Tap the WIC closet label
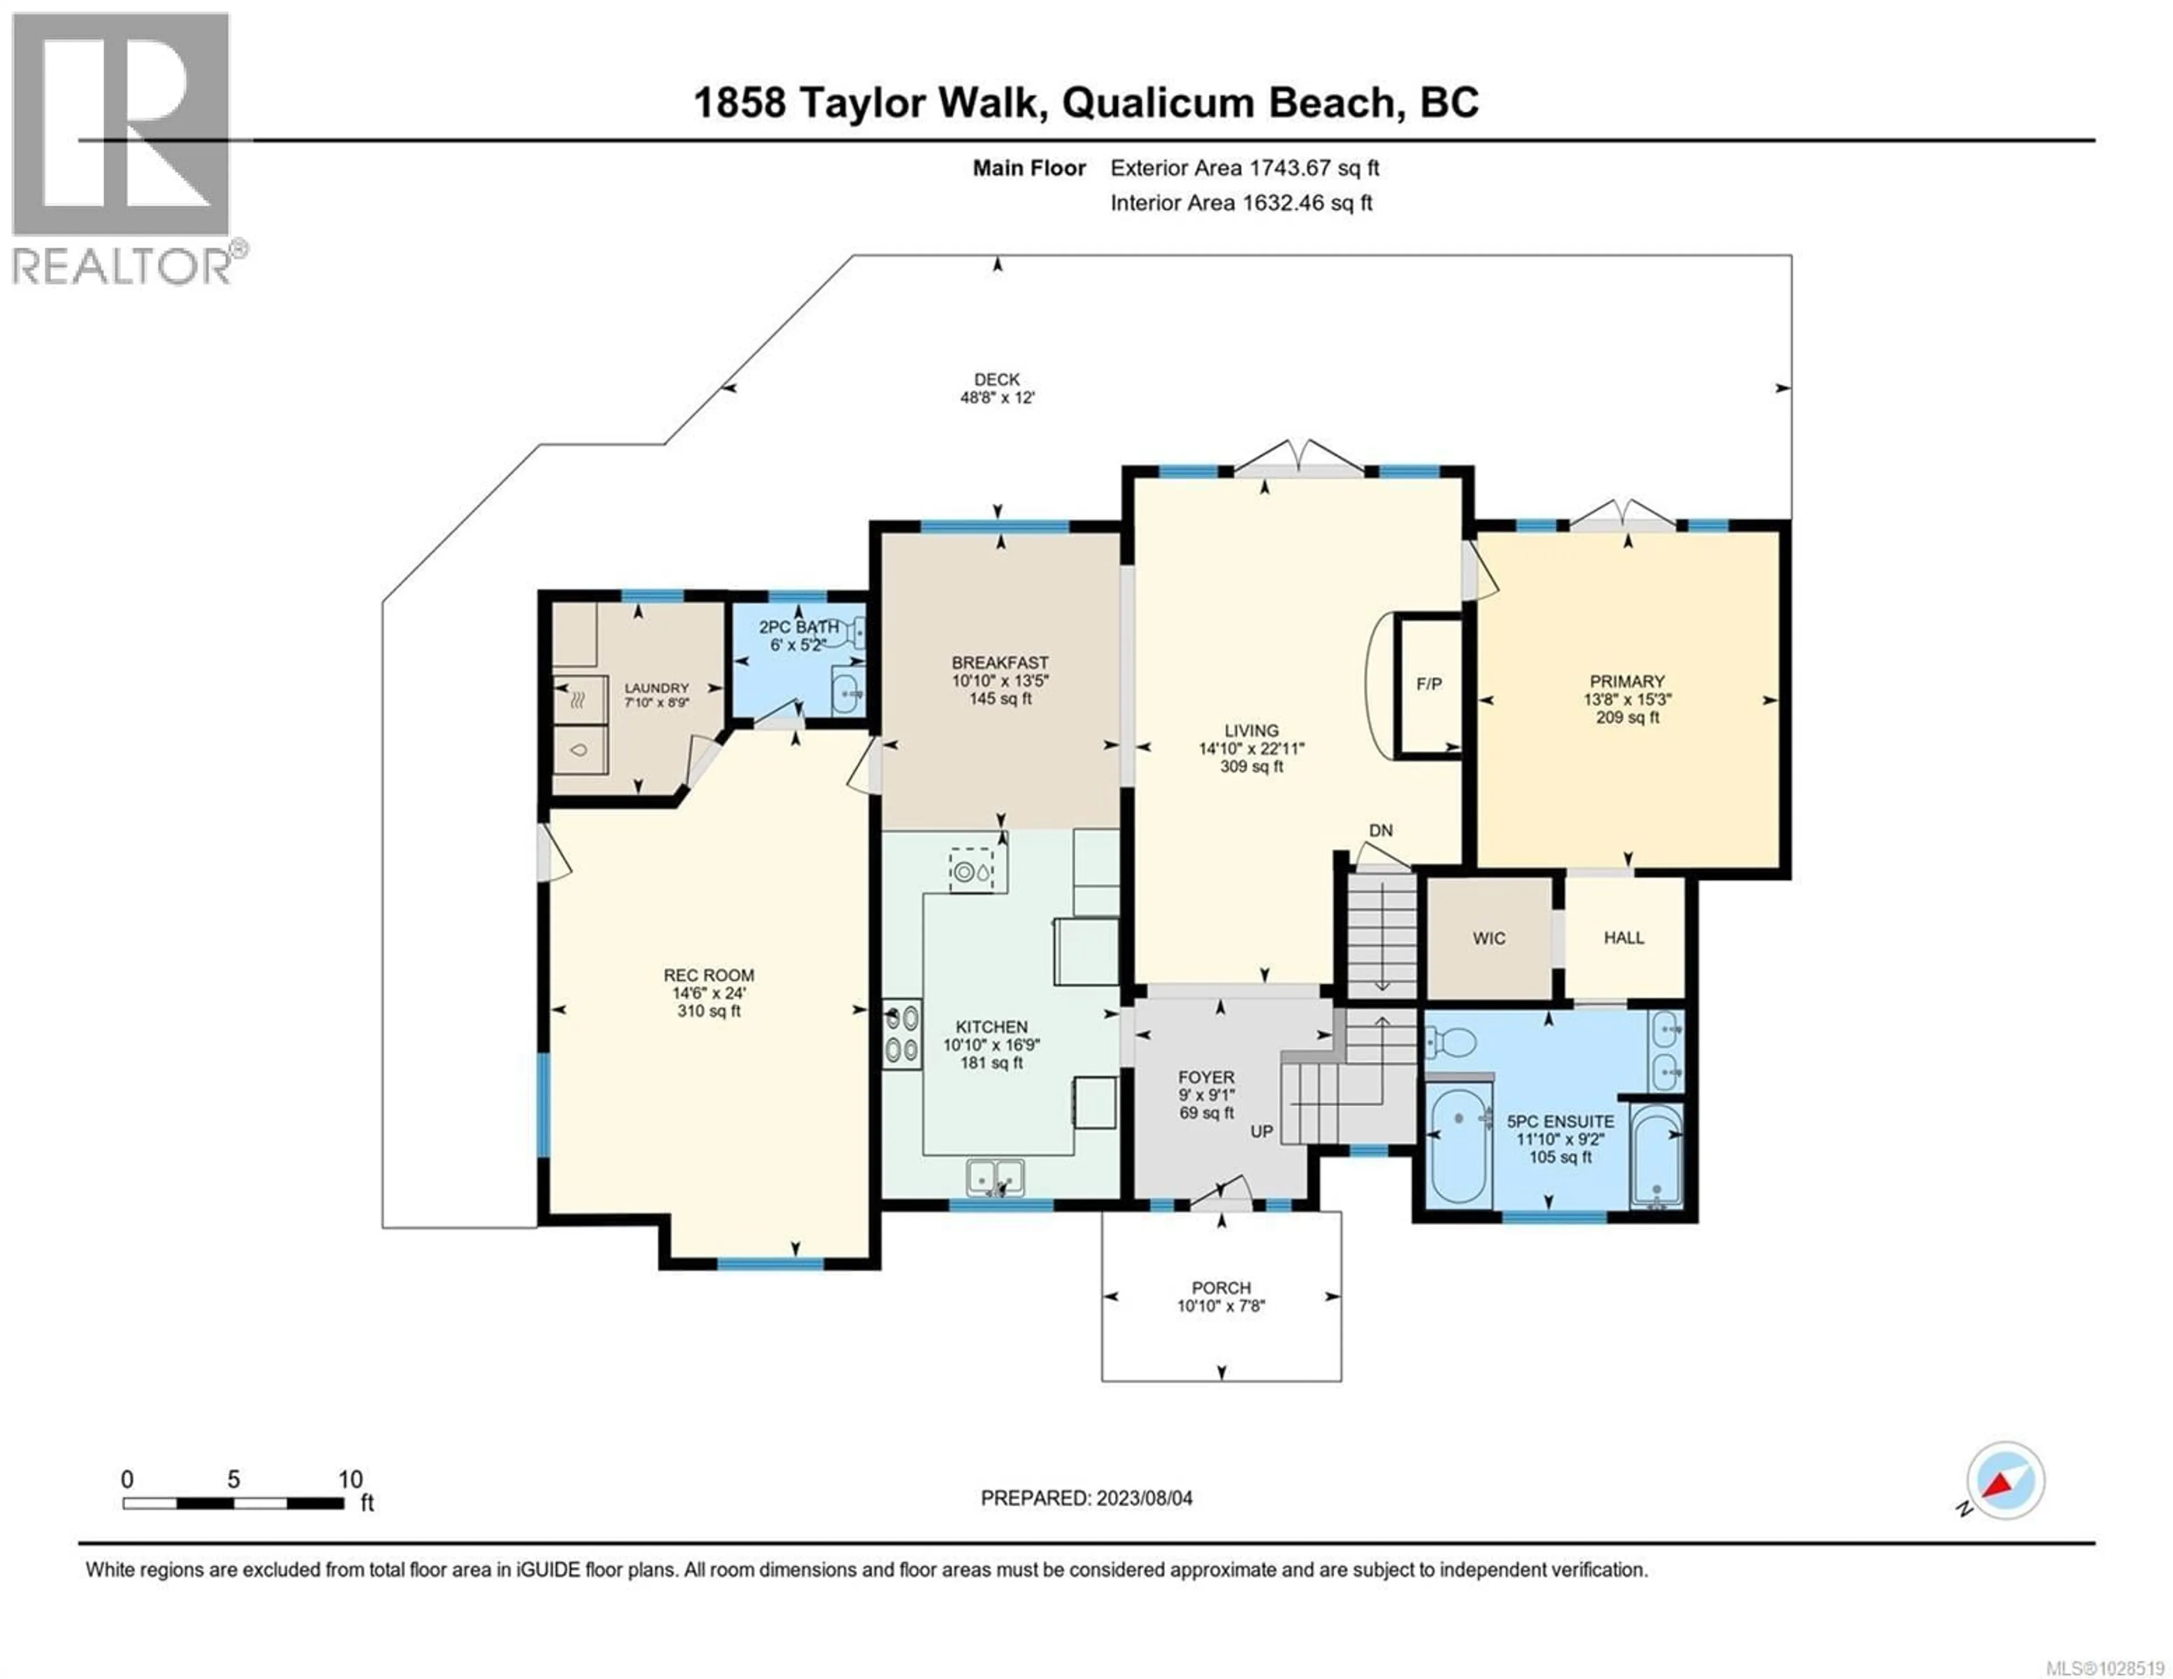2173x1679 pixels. pyautogui.click(x=1488, y=938)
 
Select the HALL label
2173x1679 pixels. pyautogui.click(x=1624, y=938)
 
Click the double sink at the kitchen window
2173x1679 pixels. pyautogui.click(x=995, y=1178)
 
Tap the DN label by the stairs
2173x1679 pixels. pyautogui.click(x=1380, y=830)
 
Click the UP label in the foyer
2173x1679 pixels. pyautogui.click(x=1261, y=1132)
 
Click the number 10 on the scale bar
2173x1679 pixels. pyautogui.click(x=350, y=1480)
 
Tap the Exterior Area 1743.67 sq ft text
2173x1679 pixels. pyautogui.click(x=1245, y=168)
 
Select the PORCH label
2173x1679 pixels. pyautogui.click(x=1221, y=1288)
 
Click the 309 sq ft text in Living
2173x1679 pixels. pyautogui.click(x=1252, y=766)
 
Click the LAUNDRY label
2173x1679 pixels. pyautogui.click(x=656, y=688)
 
